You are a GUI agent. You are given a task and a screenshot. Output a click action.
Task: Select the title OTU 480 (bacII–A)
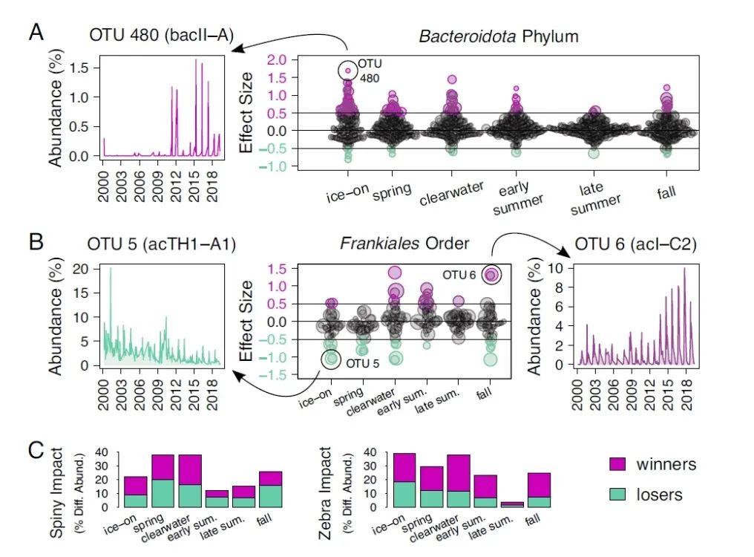point(157,34)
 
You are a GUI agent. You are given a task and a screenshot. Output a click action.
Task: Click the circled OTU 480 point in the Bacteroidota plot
point(347,71)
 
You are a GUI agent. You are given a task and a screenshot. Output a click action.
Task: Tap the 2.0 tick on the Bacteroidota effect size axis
point(276,60)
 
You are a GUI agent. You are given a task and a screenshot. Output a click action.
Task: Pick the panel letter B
point(37,242)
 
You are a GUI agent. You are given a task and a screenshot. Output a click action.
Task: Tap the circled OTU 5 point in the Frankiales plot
point(332,359)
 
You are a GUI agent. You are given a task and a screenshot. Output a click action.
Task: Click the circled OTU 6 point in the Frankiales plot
point(491,275)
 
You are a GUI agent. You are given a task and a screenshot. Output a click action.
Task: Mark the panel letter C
point(37,450)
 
